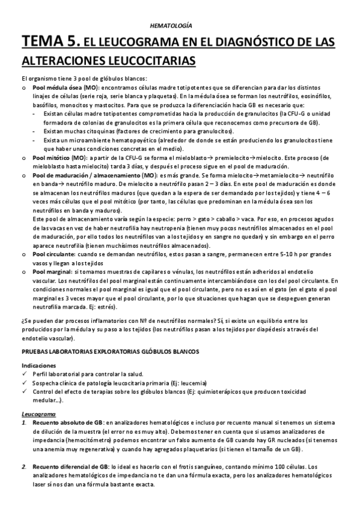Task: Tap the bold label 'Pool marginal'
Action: pyautogui.click(x=50, y=272)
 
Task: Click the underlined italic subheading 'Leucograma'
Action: pyautogui.click(x=38, y=414)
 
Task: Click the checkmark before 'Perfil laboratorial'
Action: pyautogui.click(x=23, y=374)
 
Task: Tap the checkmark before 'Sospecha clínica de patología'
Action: pyautogui.click(x=23, y=383)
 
